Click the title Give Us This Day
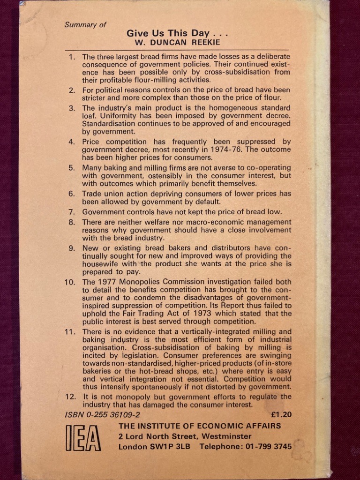[x=177, y=33]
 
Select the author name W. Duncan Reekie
[x=177, y=43]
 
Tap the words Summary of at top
[x=85, y=25]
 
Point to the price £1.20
[x=281, y=414]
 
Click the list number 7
[x=72, y=212]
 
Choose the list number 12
[x=70, y=397]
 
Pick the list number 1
[x=72, y=57]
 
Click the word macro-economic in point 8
[x=191, y=222]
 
